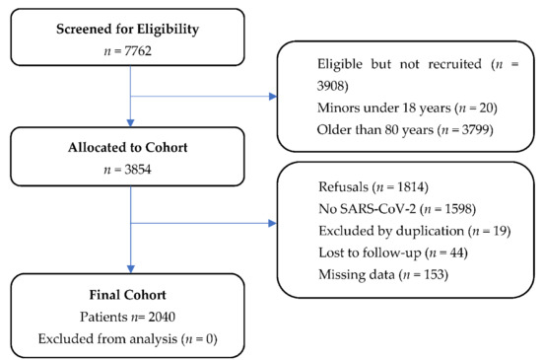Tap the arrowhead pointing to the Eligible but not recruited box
click(x=273, y=97)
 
